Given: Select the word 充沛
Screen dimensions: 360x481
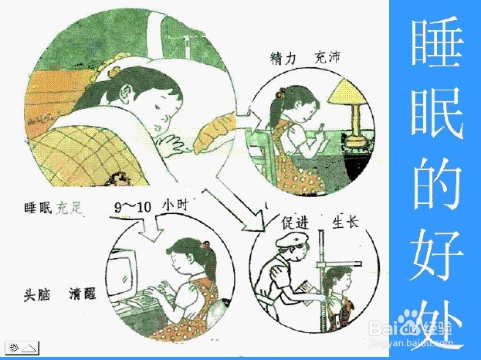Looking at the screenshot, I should click(328, 57).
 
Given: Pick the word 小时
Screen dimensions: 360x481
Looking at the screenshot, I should click(177, 206).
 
